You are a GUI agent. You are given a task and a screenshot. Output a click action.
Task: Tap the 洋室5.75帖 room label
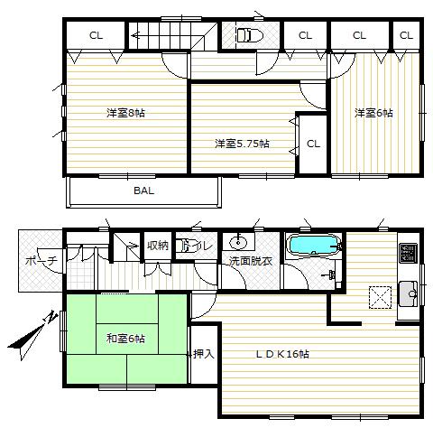(x=241, y=144)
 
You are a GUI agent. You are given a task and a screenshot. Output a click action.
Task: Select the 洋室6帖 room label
(x=373, y=112)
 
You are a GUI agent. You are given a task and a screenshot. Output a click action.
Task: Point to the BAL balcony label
(x=143, y=191)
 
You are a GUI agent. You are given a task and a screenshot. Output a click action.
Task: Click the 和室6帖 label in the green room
(x=125, y=339)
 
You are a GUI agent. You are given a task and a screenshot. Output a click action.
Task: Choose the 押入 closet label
(x=203, y=353)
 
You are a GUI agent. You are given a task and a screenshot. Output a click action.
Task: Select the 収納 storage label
(x=158, y=245)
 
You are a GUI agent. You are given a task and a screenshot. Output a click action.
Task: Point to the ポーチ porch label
(x=41, y=261)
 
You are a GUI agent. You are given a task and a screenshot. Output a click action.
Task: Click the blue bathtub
(x=312, y=246)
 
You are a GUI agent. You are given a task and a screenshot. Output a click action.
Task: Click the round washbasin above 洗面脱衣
(x=239, y=242)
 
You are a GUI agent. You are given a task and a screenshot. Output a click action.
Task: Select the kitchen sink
(x=407, y=292)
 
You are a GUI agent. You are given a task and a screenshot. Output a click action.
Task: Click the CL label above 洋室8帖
(x=95, y=36)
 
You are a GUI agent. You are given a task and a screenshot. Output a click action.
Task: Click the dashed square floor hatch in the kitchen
(x=379, y=297)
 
